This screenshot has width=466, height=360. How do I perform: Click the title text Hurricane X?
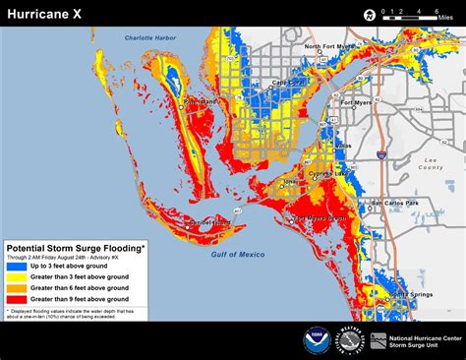[x=45, y=13]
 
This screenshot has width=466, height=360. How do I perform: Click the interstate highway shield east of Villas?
[x=379, y=154]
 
